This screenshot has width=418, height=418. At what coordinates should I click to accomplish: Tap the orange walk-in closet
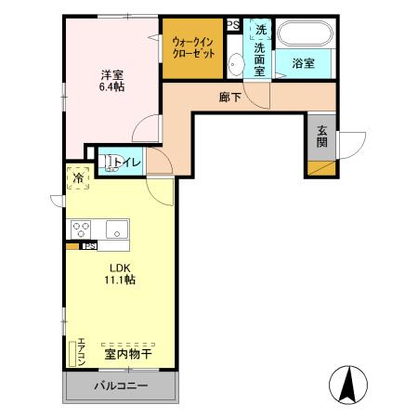point(193,47)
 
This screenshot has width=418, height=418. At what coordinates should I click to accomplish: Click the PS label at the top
point(233,25)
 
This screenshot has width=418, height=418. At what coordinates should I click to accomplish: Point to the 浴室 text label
point(302,64)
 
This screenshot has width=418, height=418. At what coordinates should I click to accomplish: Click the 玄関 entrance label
point(321,136)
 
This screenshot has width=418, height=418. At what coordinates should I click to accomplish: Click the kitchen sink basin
point(118,229)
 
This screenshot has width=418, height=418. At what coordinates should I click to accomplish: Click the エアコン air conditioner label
point(82,352)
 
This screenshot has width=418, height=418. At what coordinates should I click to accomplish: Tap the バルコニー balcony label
point(120,385)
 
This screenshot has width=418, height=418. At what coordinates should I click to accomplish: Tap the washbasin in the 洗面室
point(235,63)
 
